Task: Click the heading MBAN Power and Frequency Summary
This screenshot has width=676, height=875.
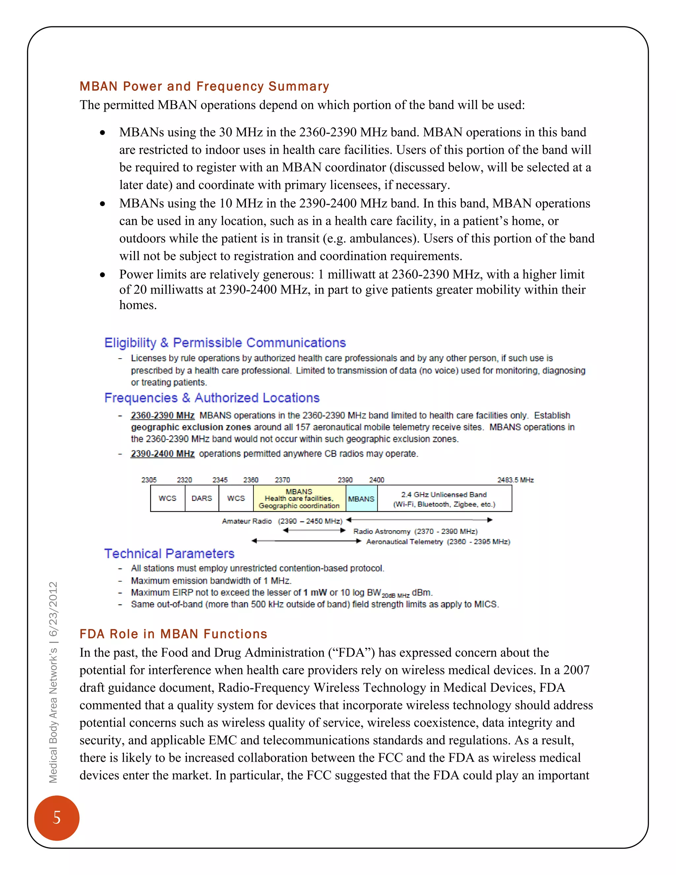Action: click(x=204, y=86)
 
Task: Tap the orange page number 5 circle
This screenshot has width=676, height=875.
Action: click(x=56, y=817)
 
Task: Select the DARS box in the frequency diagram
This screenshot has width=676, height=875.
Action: click(x=201, y=498)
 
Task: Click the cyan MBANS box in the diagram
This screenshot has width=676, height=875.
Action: click(x=361, y=498)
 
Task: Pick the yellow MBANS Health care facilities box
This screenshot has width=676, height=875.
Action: click(x=299, y=498)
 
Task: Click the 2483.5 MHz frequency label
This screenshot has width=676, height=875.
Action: click(x=515, y=479)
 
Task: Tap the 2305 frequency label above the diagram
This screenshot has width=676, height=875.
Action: click(x=149, y=479)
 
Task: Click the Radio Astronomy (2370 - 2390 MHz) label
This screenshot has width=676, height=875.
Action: click(x=415, y=531)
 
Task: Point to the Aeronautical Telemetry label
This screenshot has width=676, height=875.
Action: click(x=438, y=542)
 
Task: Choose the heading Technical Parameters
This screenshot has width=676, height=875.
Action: click(x=169, y=553)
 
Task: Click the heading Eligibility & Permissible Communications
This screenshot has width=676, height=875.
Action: click(x=225, y=342)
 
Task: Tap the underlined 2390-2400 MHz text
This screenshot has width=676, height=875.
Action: click(x=163, y=454)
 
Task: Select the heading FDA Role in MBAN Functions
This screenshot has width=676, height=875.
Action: click(x=173, y=634)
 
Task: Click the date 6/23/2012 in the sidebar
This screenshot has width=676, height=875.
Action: click(x=53, y=609)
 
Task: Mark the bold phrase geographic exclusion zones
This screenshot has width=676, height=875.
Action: click(x=191, y=427)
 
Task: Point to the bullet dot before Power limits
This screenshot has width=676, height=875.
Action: click(x=103, y=275)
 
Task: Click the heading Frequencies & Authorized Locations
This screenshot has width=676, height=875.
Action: click(x=212, y=398)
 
